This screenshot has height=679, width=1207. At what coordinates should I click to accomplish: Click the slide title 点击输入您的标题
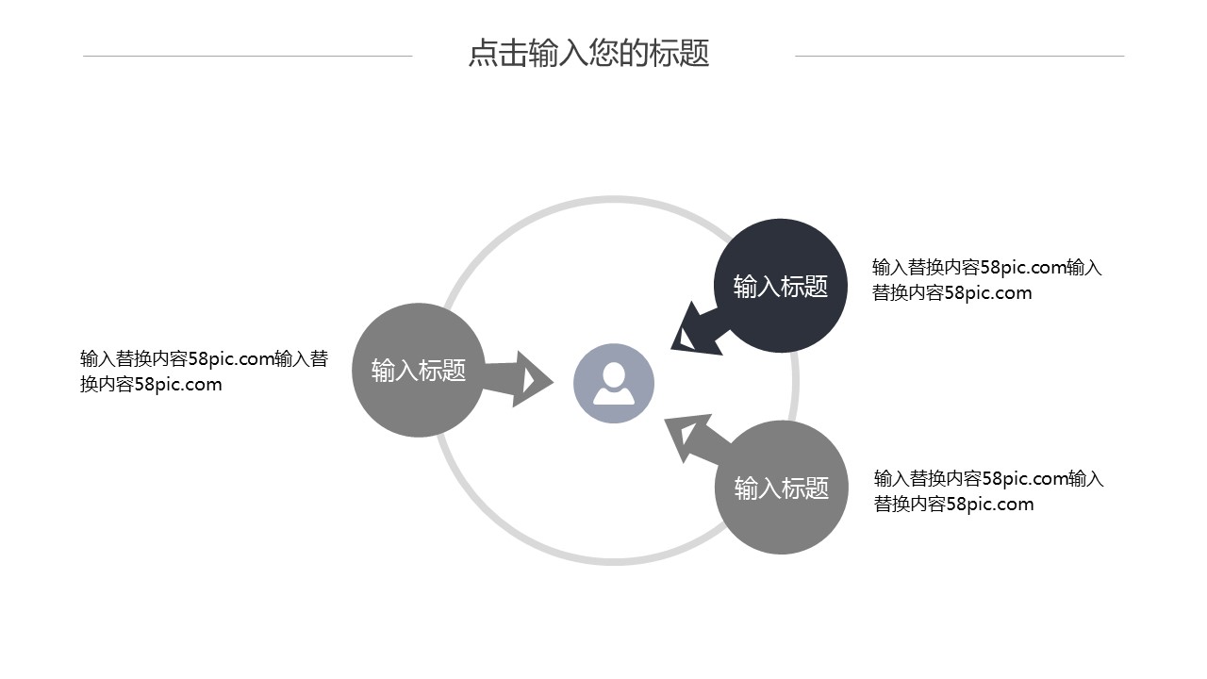(x=588, y=54)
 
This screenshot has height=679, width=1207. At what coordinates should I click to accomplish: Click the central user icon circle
(x=614, y=383)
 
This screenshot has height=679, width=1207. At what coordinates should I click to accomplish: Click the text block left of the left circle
(x=204, y=372)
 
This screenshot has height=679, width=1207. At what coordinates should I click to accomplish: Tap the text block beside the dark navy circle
(x=986, y=280)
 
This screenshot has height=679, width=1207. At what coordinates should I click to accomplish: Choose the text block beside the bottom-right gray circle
(x=988, y=491)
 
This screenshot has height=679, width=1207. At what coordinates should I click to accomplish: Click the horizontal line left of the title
(x=247, y=56)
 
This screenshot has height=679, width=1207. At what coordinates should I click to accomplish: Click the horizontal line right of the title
(x=959, y=56)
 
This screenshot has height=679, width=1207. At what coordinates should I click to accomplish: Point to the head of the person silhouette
(x=614, y=373)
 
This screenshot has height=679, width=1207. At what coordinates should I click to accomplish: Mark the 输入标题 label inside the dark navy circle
(x=781, y=287)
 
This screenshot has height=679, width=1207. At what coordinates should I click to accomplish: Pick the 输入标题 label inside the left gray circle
(x=418, y=371)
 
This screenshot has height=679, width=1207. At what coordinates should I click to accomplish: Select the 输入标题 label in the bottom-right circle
(x=781, y=489)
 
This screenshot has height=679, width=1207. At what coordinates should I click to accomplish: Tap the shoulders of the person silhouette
(x=614, y=395)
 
